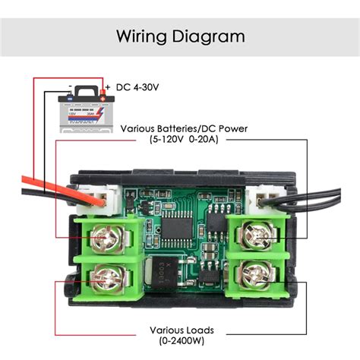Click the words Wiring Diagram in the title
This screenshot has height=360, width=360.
pyautogui.click(x=180, y=36)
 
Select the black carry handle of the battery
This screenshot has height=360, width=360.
pyautogui.click(x=87, y=90)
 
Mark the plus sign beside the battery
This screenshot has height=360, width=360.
pyautogui.click(x=108, y=87)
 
